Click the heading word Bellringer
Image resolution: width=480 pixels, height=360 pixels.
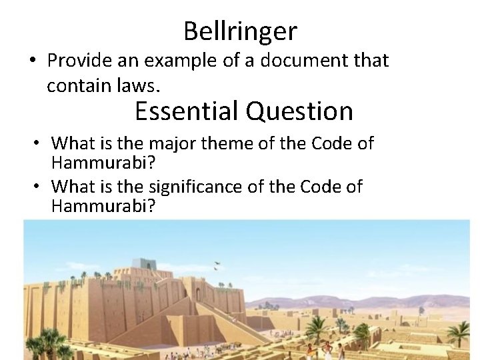(x=240, y=31)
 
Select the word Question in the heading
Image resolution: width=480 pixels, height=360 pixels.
(x=299, y=111)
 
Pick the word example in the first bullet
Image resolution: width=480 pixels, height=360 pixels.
(x=167, y=61)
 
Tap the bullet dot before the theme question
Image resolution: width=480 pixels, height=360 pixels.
(x=38, y=143)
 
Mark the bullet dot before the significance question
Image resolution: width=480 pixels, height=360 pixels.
(x=38, y=187)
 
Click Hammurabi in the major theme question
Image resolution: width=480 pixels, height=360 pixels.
(x=103, y=163)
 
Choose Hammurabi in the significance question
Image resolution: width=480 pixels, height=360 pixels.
(x=103, y=205)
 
